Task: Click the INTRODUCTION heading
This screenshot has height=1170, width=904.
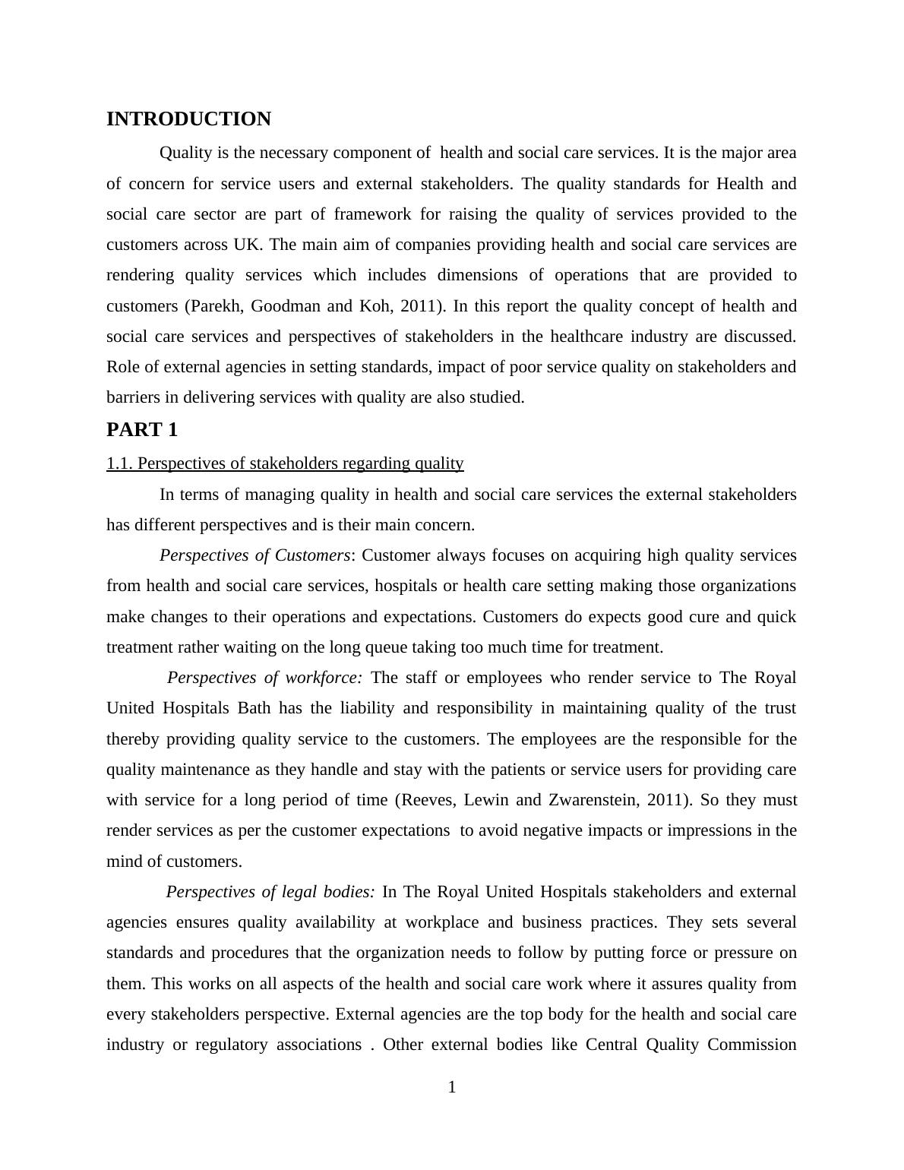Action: click(x=188, y=119)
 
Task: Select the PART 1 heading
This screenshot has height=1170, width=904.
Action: click(x=142, y=430)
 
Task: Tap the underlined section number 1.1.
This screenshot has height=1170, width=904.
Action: click(x=119, y=463)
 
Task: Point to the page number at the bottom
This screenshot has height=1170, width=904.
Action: click(x=452, y=1088)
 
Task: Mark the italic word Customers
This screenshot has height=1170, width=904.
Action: click(x=312, y=555)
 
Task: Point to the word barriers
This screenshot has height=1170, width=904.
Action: click(x=131, y=397)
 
